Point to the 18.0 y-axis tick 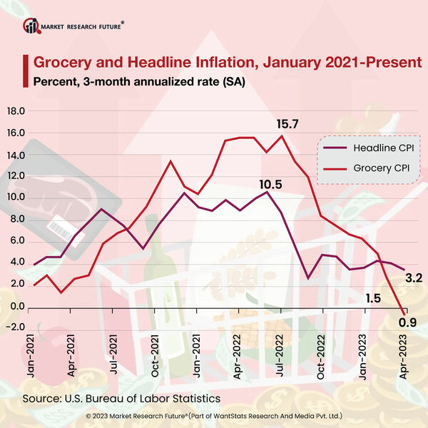click(x=16, y=111)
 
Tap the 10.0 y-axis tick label click(x=16, y=198)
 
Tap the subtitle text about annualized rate click(x=139, y=81)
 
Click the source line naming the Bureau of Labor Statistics click(x=121, y=397)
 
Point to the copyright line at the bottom click(x=214, y=414)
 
